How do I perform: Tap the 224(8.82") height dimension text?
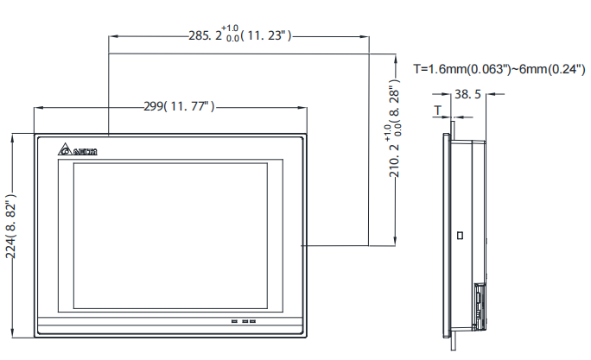12,235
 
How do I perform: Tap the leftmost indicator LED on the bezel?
234,323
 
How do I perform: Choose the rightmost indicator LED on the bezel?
253,323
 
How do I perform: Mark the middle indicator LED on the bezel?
244,323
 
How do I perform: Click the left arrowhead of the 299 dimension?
36,107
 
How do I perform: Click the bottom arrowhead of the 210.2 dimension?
395,243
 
